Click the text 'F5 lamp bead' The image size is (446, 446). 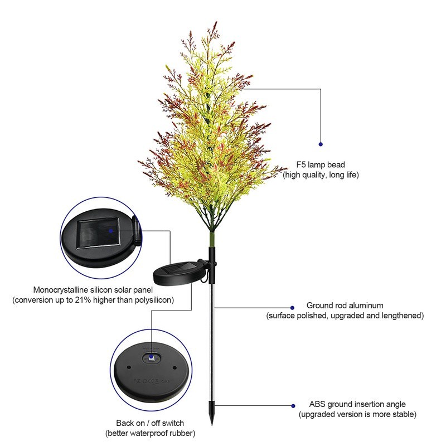click(321, 165)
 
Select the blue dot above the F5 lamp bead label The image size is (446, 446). click(321, 144)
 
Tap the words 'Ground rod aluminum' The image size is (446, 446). click(345, 306)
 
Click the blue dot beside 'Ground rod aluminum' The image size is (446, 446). click(292, 307)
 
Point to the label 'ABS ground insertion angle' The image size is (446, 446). click(357, 404)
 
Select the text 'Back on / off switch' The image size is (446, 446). click(150, 423)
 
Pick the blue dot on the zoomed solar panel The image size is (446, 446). click(111, 229)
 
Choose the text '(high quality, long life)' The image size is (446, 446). click(321, 175)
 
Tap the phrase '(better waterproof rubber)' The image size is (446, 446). click(150, 433)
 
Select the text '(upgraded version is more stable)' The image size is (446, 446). click(357, 414)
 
